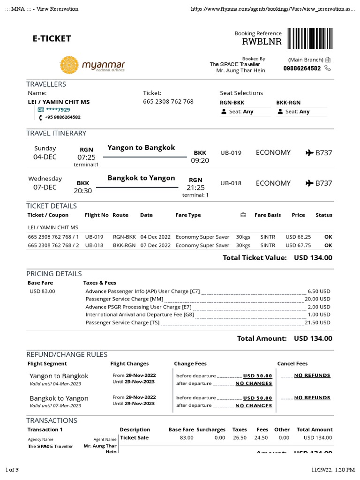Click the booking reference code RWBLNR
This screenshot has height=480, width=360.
262,42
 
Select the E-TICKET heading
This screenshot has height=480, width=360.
52,38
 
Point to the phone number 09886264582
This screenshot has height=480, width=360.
302,68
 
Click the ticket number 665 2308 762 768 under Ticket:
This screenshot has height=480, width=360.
168,101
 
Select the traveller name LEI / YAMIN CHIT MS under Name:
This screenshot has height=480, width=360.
59,102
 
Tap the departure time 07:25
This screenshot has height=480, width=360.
86,157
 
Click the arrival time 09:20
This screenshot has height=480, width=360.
200,160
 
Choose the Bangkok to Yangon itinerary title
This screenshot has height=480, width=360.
141,178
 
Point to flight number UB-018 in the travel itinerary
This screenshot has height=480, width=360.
231,183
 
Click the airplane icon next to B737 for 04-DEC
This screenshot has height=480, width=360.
309,153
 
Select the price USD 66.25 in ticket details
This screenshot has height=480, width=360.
298,237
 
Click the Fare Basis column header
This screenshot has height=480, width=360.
267,215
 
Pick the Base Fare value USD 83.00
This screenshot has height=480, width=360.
42,291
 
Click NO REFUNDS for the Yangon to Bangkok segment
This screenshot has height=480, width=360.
312,375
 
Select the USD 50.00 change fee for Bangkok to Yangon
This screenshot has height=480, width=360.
257,398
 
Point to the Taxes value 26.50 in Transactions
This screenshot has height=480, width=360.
240,438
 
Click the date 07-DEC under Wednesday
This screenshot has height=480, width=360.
45,187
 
